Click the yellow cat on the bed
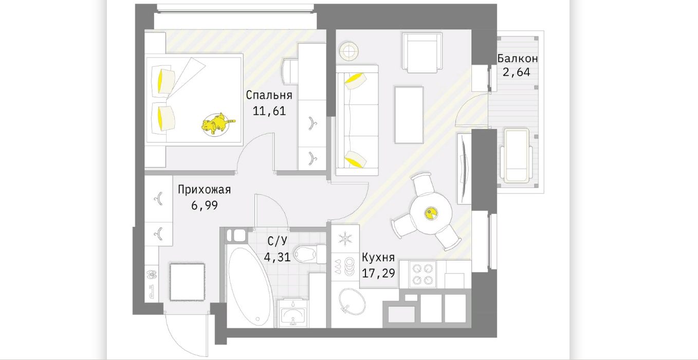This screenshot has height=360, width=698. (x=217, y=124)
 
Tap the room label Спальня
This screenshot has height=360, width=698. (x=269, y=95)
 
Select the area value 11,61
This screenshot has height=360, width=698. (x=269, y=111)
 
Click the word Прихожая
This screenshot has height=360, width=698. (x=204, y=189)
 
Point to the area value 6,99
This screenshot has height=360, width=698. (x=205, y=205)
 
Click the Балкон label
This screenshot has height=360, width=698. (x=517, y=58)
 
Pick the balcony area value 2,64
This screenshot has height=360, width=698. (x=517, y=73)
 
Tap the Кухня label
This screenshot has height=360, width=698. (x=378, y=258)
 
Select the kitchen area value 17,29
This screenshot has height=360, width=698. (x=378, y=273)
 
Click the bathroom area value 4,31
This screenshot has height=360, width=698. (x=277, y=257)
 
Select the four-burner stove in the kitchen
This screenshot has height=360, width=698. (x=422, y=274)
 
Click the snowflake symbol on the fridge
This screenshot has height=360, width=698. (x=345, y=239)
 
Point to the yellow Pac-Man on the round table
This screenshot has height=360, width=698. (x=431, y=213)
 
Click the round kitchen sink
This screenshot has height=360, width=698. (x=352, y=301)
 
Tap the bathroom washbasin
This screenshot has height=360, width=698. (x=292, y=314)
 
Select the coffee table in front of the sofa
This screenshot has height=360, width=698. (x=409, y=115)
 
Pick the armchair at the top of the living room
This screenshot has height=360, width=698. (x=422, y=52)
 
